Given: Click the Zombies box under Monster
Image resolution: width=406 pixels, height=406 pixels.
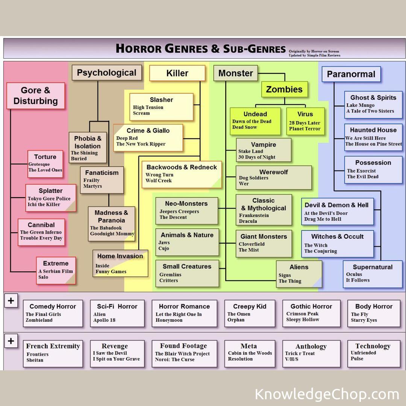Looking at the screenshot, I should click(284, 89).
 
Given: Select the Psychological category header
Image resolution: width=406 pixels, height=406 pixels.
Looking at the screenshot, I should click(107, 73).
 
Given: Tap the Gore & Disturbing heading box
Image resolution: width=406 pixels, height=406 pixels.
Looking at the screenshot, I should click(36, 96).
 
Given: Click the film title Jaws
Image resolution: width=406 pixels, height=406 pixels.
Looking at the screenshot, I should click(164, 242).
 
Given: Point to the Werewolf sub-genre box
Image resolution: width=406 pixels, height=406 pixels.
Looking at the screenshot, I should click(274, 177).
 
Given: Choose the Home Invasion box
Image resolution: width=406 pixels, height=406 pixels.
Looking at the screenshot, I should click(120, 263).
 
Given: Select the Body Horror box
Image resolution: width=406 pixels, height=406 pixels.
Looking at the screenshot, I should click(374, 313).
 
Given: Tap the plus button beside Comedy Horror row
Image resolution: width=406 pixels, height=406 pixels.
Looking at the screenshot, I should click(11, 301).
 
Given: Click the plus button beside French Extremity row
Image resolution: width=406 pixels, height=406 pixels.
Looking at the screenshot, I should click(11, 341).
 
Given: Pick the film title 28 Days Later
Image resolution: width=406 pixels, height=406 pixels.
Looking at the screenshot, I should click(304, 123).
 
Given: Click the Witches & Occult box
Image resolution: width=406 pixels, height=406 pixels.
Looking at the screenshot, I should click(337, 244).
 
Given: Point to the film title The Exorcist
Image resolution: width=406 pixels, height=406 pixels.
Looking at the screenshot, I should click(361, 171).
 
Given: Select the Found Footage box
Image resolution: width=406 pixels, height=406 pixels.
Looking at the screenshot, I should click(184, 353).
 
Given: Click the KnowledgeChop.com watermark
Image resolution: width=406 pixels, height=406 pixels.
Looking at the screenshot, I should click(327, 394).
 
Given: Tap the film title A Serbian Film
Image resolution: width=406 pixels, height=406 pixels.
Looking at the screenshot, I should click(56, 271).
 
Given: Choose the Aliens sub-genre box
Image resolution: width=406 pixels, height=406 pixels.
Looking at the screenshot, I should click(299, 274).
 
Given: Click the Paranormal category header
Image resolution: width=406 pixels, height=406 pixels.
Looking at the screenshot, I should click(351, 74).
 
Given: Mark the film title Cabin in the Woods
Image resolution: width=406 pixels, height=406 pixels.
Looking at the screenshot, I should click(250, 353).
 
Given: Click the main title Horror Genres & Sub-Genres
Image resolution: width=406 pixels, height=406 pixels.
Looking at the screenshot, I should click(201, 48).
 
